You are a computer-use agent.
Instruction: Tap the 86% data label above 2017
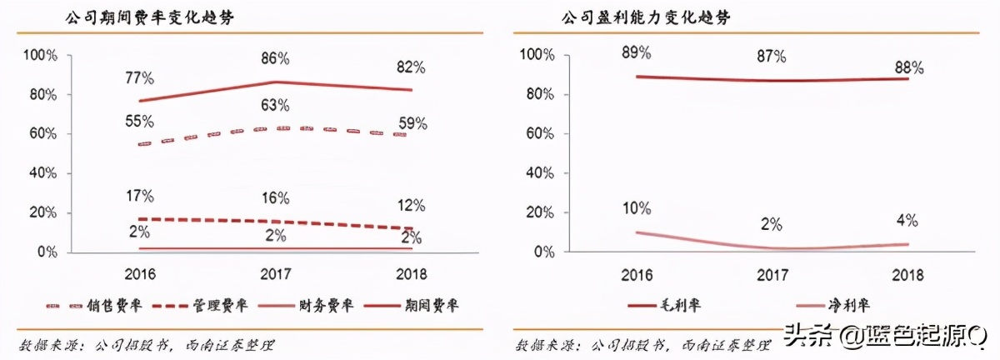coord(273,59)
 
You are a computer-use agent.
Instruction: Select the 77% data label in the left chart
coord(139,78)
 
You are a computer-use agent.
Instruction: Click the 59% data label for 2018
coord(411,125)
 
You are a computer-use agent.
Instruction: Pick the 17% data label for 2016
coord(139,197)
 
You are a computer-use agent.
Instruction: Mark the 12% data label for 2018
coord(411,205)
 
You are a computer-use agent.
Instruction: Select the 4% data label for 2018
coord(907,222)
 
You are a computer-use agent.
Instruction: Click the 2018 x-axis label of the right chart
coord(907,273)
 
